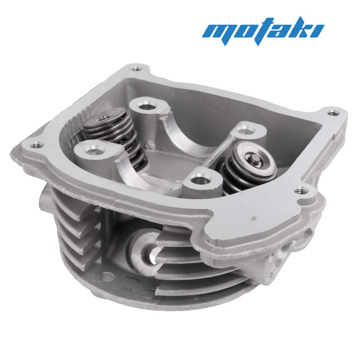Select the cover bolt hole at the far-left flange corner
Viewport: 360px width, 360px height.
[33, 145]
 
